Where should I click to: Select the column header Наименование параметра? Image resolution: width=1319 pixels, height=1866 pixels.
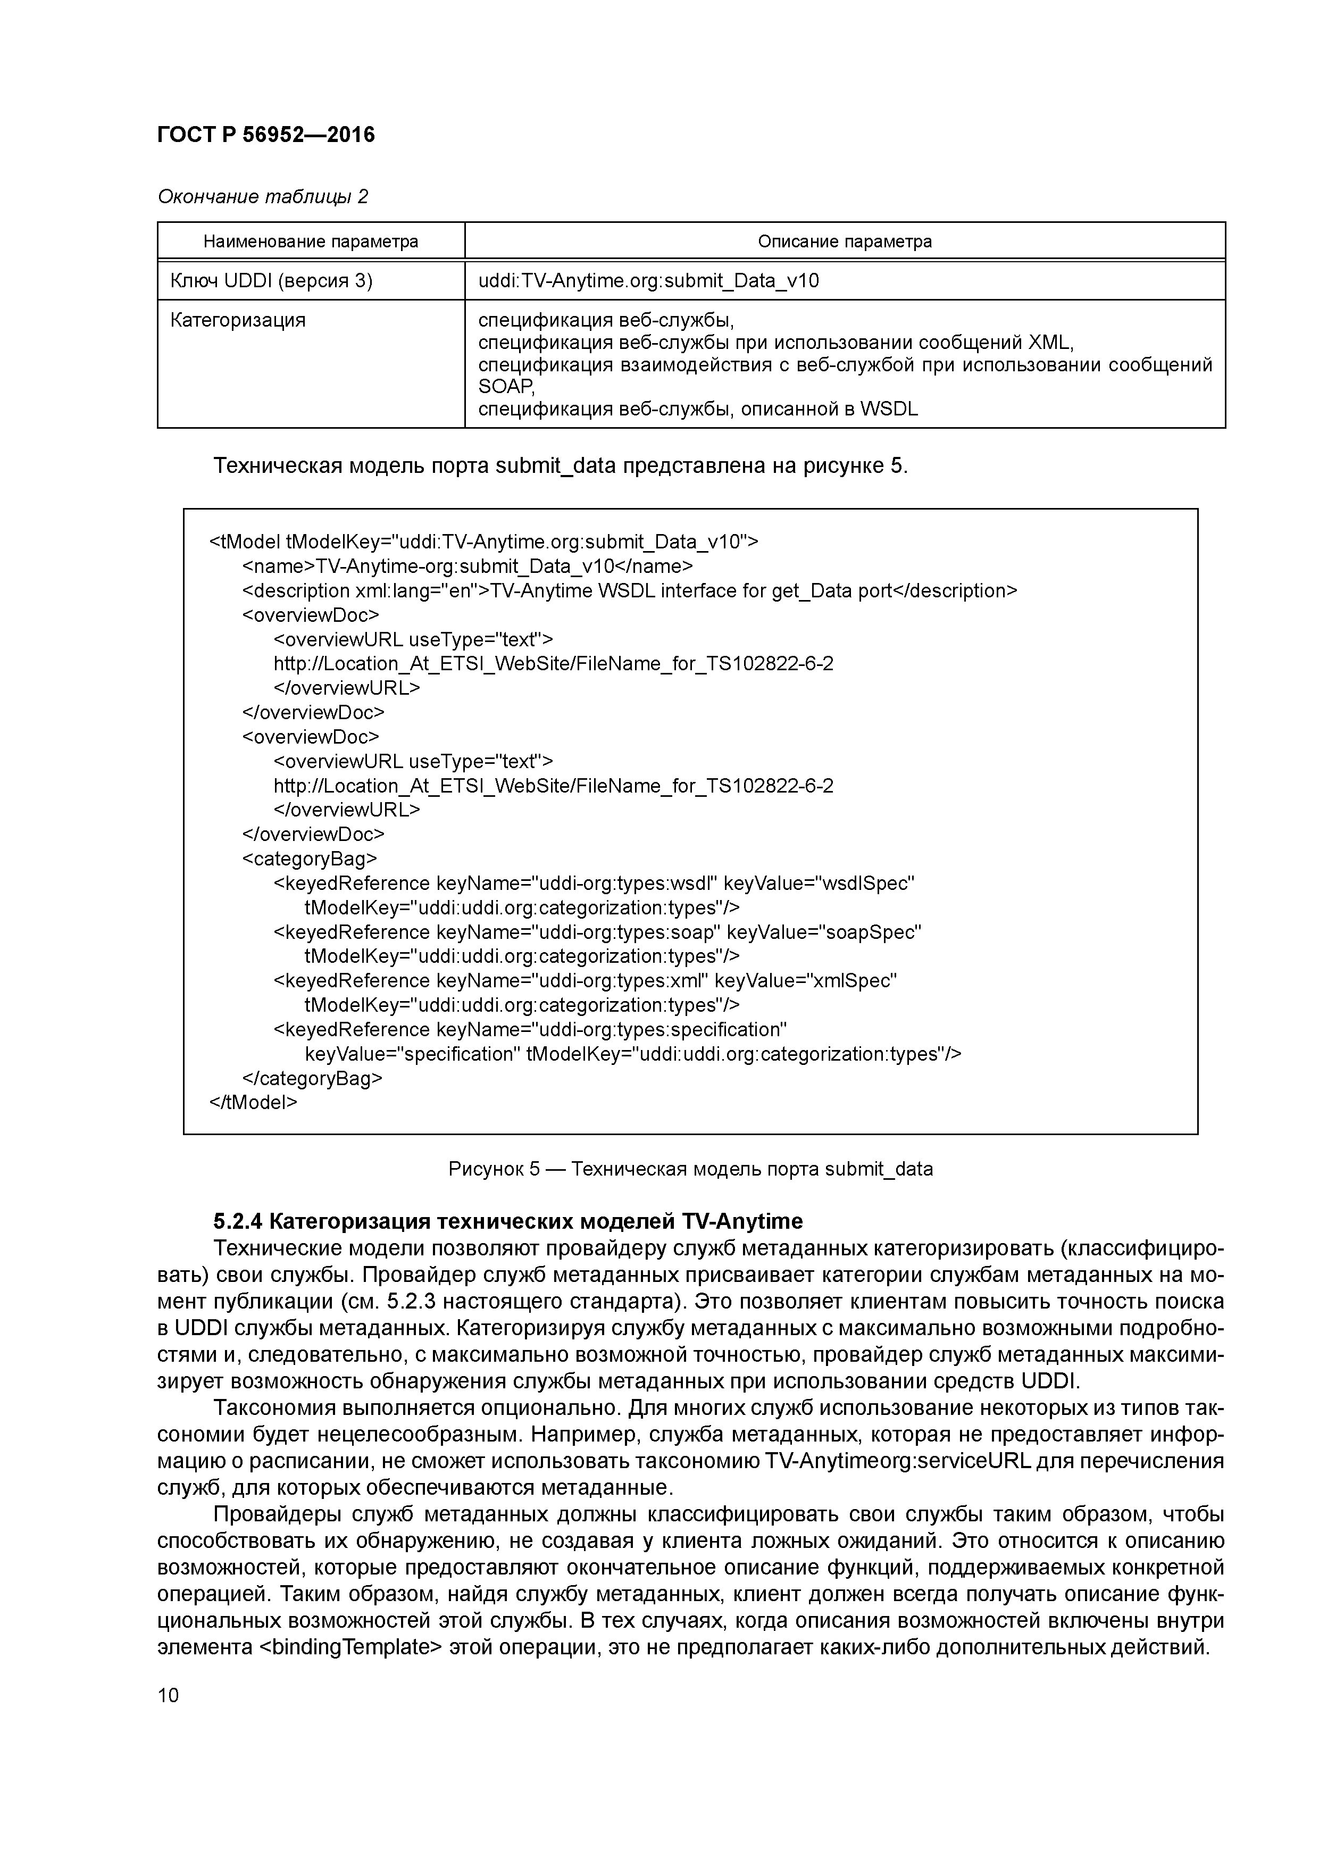click(311, 241)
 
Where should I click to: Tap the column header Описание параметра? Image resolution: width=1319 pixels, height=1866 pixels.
click(845, 241)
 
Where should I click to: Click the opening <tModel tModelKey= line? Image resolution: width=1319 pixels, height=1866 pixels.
click(483, 542)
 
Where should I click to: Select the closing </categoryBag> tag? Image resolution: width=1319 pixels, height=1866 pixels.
click(312, 1078)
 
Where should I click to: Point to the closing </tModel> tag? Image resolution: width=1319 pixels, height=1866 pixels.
click(254, 1103)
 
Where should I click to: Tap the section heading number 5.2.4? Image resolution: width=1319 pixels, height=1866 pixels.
click(237, 1221)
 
